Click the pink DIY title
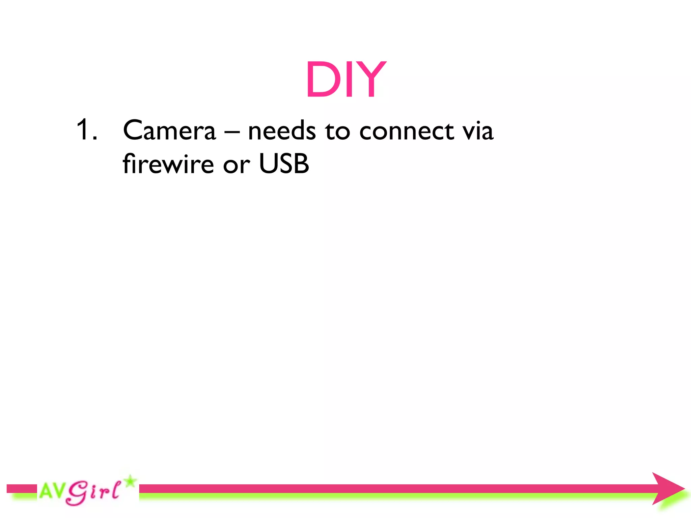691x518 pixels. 345,80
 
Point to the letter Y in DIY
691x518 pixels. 369,80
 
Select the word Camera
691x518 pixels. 169,131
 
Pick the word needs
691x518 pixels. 282,131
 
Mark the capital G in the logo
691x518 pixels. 77,493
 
